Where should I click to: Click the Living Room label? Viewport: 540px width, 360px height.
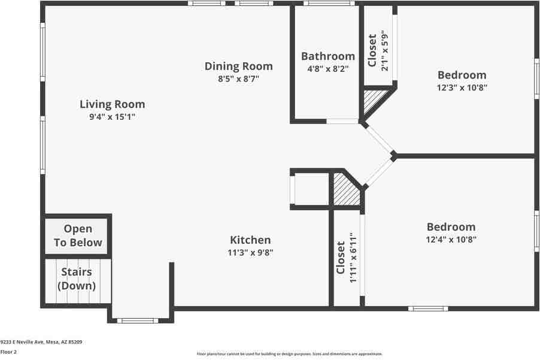(112, 104)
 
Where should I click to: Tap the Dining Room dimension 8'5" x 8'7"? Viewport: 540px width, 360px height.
(238, 78)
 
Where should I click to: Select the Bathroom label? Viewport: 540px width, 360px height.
(327, 56)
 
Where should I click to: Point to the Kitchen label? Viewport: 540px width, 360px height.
(250, 240)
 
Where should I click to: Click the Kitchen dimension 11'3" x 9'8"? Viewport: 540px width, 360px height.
(250, 252)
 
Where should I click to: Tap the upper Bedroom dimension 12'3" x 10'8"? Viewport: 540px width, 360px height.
(462, 87)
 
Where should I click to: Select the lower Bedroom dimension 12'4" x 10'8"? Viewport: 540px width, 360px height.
(451, 239)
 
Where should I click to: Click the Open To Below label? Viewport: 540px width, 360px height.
(78, 235)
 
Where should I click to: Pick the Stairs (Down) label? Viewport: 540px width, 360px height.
(77, 279)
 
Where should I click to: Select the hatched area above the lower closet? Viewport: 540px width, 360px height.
(345, 190)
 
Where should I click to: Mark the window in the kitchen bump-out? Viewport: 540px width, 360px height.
(137, 320)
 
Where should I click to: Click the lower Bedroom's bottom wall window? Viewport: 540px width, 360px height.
(428, 308)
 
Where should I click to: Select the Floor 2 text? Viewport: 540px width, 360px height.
(8, 352)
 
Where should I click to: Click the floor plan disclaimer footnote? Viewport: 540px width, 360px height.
(289, 354)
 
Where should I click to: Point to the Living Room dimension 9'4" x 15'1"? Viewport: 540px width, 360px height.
(112, 117)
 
